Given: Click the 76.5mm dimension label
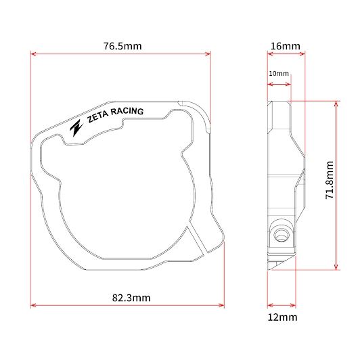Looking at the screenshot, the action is click(122, 46).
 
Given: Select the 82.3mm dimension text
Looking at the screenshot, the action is click(131, 298).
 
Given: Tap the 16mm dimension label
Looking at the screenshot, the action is click(286, 46).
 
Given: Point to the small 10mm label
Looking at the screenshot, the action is click(279, 74).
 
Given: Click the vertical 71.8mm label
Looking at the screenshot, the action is click(330, 180).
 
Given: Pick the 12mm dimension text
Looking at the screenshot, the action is click(282, 317).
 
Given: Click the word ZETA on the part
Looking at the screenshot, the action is click(97, 116).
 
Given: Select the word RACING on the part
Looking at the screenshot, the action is click(127, 112).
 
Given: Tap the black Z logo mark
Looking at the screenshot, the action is click(76, 128).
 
